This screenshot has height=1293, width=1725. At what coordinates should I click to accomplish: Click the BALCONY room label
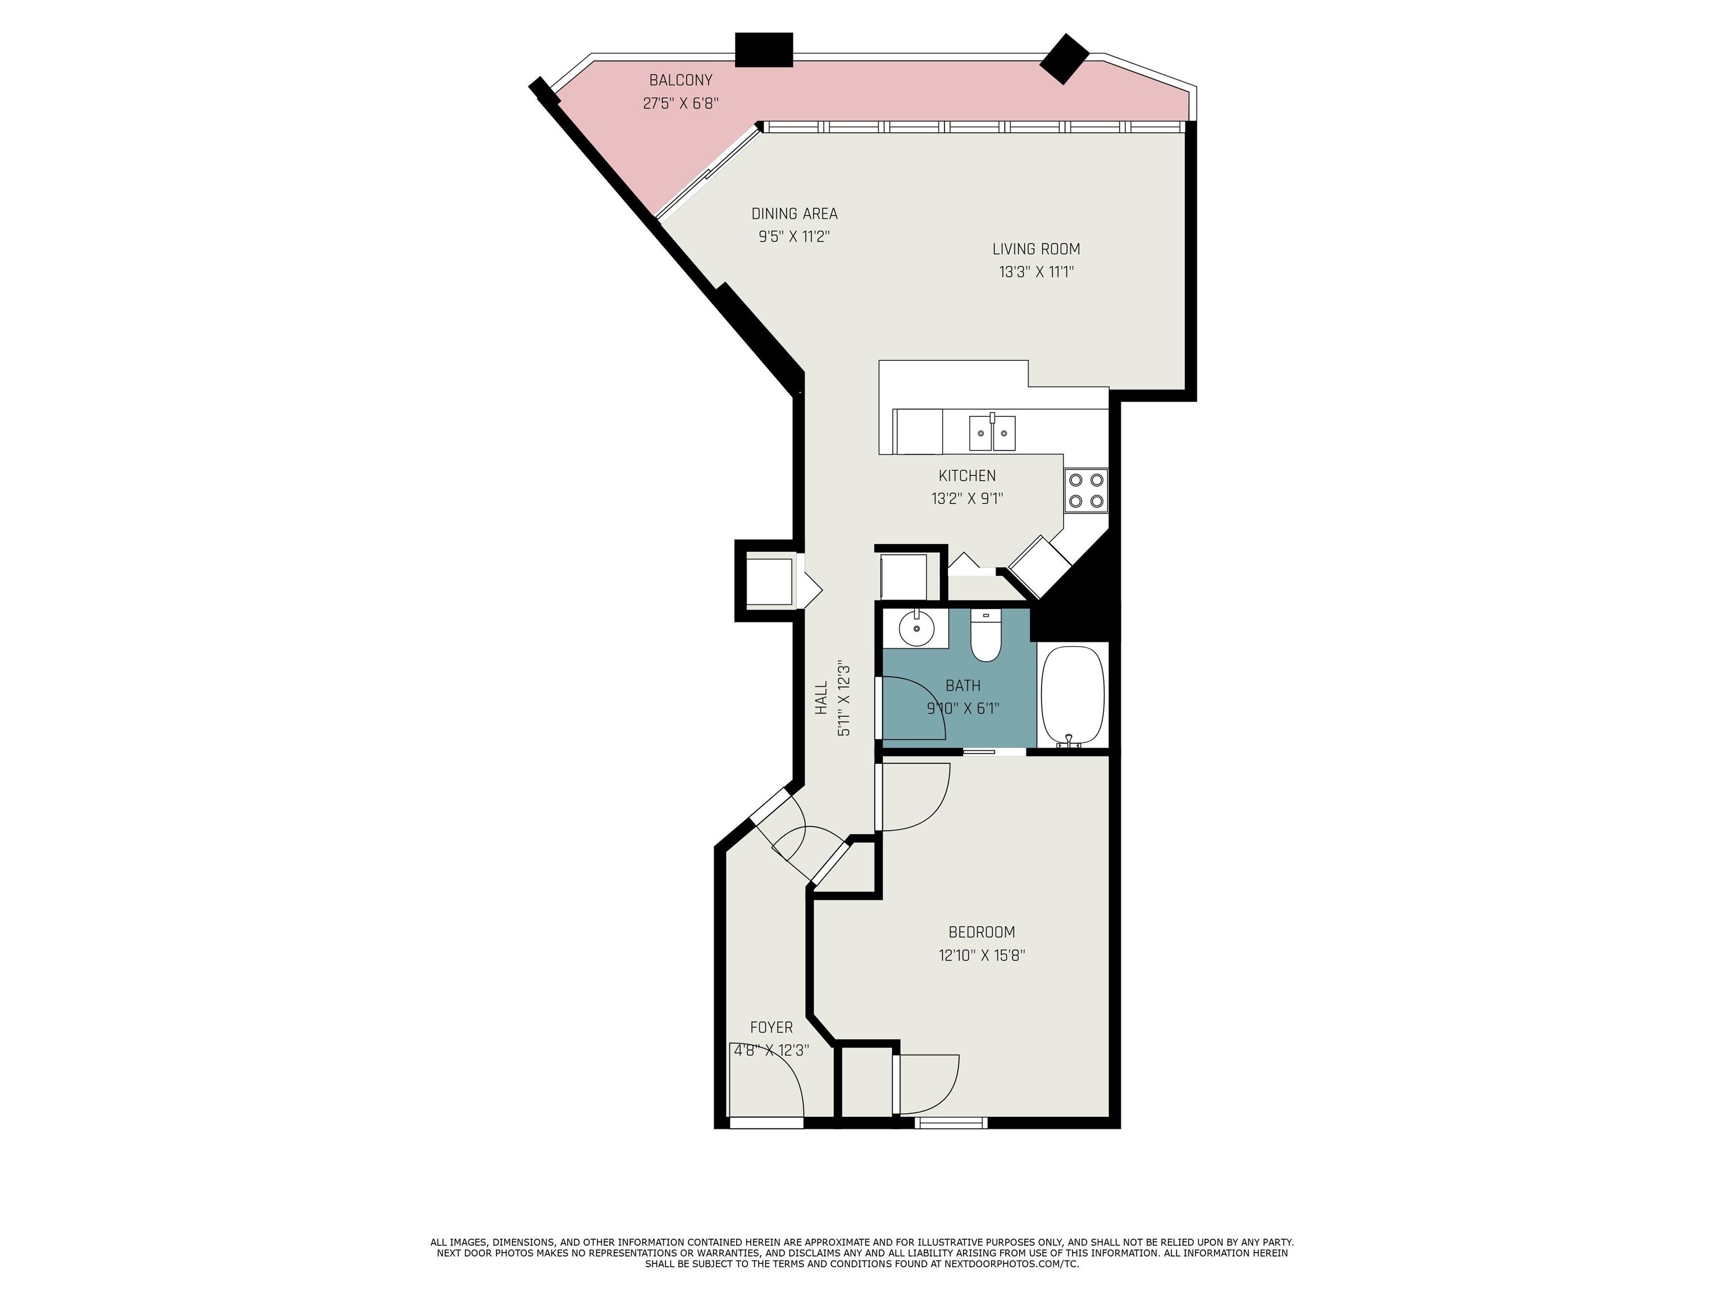[681, 80]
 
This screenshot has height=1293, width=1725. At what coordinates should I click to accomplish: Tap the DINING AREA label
[794, 214]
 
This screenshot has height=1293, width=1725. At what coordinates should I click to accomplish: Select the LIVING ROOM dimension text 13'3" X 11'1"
[1037, 272]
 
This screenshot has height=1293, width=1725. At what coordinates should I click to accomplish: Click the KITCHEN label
[967, 475]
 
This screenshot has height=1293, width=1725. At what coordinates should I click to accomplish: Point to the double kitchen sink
[993, 433]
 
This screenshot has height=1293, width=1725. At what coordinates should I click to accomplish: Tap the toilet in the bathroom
[985, 636]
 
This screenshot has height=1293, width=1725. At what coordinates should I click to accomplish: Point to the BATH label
[963, 686]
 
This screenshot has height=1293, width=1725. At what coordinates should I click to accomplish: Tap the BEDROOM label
[981, 932]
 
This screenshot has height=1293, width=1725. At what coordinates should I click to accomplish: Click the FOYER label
[772, 1027]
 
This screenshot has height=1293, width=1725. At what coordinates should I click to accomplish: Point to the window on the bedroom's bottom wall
[951, 1122]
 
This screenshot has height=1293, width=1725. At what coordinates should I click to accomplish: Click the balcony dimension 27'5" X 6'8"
[681, 103]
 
